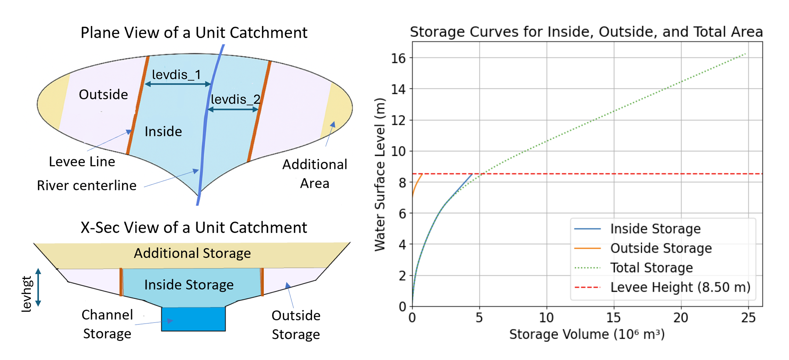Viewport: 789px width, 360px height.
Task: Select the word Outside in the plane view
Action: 103,94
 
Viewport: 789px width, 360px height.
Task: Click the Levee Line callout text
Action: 82,161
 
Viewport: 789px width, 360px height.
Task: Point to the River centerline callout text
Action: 87,185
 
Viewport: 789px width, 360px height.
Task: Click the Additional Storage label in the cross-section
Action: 192,253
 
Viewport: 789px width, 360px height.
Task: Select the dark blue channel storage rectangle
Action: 194,319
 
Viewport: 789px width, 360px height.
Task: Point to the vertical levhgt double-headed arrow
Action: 38,287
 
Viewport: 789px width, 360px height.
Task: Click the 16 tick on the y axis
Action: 399,58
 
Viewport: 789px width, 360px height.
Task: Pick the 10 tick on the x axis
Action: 546,318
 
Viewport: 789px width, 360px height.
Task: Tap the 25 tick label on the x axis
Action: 748,318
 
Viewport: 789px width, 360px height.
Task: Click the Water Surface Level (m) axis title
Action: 380,175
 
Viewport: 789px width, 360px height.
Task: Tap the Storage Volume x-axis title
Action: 587,334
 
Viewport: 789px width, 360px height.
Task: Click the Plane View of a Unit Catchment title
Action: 194,33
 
